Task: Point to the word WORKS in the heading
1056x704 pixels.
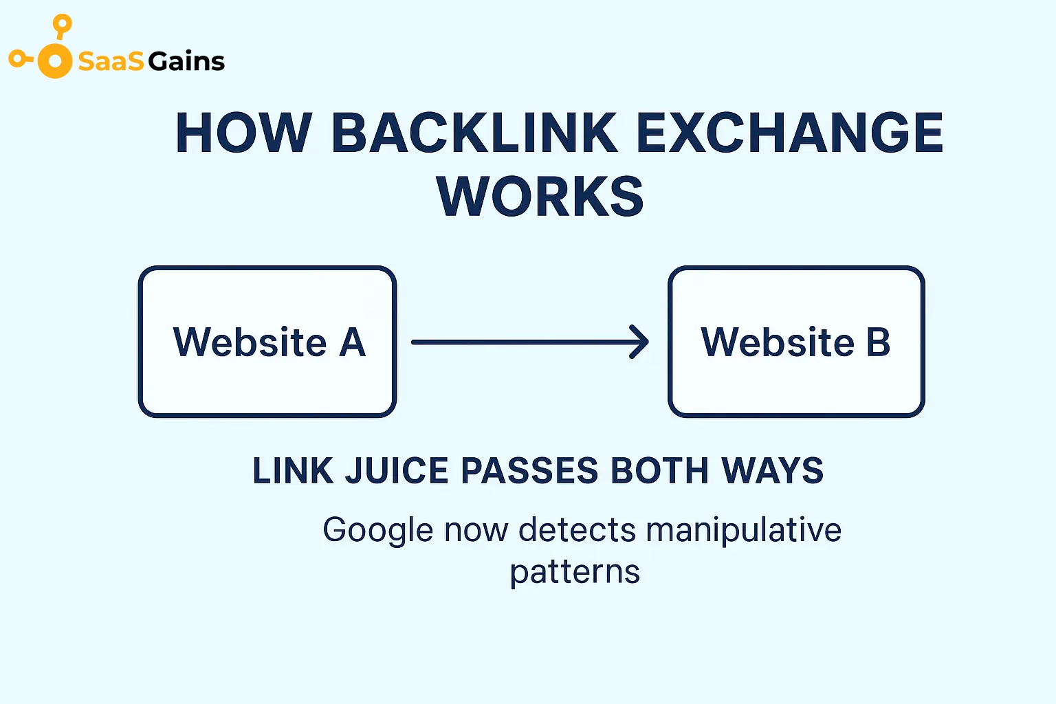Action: tap(540, 197)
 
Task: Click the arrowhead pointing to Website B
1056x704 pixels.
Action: tap(641, 342)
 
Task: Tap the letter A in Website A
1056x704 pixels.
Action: tap(352, 342)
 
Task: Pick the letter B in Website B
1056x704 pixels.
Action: tap(877, 342)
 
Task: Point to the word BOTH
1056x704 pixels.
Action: tap(659, 471)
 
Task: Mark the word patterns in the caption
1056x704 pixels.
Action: tap(575, 572)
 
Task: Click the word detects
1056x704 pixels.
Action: tap(577, 531)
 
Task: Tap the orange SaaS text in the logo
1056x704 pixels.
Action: tap(111, 62)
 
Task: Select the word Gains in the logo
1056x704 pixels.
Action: tap(186, 62)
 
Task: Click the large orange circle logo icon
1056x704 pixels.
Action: tap(54, 61)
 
